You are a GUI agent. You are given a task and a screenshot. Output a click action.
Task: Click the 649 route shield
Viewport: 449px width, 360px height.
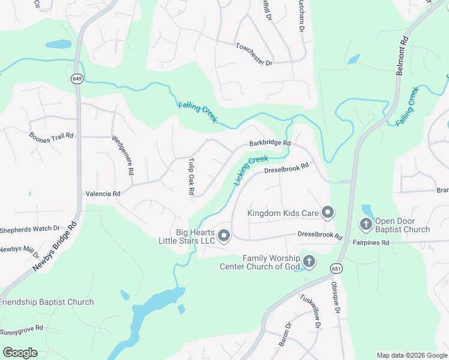(x=76, y=79)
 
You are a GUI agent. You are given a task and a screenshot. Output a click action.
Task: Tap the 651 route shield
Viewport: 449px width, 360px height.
(x=336, y=269)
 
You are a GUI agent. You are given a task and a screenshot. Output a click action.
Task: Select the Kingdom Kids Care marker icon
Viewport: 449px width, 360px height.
(x=328, y=212)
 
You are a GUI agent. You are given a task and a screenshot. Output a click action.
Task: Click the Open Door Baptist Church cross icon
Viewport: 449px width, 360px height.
(x=366, y=224)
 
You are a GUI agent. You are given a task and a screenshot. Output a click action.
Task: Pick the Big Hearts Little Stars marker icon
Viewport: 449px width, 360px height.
(x=223, y=236)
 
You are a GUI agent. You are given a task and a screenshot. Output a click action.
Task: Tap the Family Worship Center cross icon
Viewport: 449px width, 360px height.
(x=309, y=262)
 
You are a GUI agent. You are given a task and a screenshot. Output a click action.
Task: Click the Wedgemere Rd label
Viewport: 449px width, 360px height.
(x=122, y=155)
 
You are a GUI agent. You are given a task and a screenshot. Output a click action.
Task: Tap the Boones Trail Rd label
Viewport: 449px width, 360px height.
(x=51, y=136)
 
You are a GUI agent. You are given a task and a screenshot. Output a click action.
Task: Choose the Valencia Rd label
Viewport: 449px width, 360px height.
(x=103, y=194)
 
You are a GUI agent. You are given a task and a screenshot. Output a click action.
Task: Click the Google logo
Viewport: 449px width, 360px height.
(x=20, y=353)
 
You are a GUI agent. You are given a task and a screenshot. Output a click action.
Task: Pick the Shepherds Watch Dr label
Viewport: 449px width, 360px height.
(x=30, y=228)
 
